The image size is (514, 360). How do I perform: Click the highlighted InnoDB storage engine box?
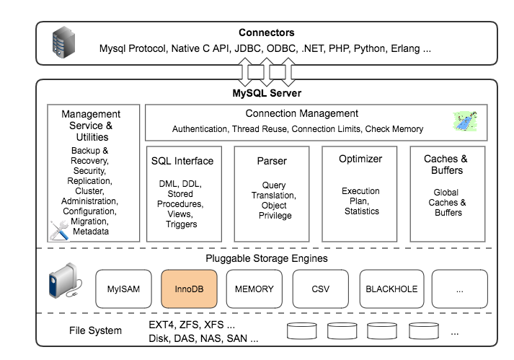click(188, 289)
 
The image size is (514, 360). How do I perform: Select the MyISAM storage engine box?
click(123, 289)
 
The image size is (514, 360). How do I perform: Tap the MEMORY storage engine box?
click(254, 289)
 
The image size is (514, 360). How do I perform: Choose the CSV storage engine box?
click(320, 289)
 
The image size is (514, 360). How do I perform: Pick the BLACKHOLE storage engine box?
click(391, 289)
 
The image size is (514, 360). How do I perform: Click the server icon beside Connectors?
click(62, 43)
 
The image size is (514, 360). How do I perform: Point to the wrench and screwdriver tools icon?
click(60, 229)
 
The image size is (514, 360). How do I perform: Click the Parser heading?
click(272, 160)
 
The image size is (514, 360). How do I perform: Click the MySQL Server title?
click(267, 93)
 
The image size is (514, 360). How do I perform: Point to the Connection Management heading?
click(301, 113)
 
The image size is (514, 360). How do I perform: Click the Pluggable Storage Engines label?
click(267, 258)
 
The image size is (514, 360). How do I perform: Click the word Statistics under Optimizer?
click(360, 211)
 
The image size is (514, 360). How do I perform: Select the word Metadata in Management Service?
click(92, 232)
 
